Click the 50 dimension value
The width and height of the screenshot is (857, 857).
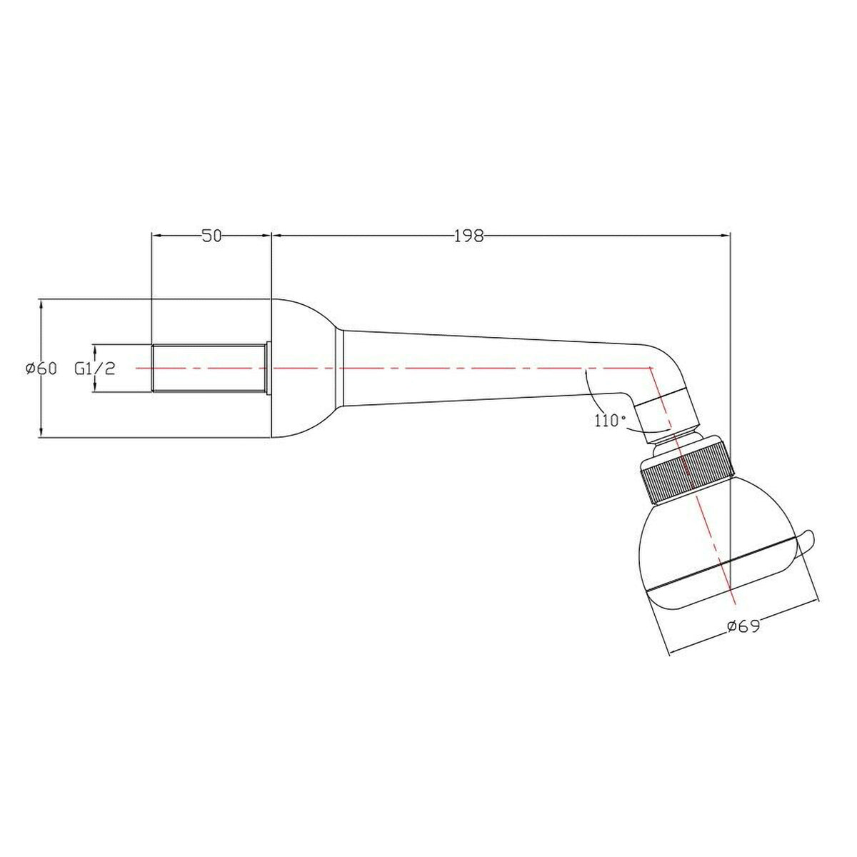pos(211,236)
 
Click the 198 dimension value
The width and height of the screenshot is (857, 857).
pos(468,236)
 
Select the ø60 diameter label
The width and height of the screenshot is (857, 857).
pos(40,369)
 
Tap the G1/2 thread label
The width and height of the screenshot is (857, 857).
pos(94,369)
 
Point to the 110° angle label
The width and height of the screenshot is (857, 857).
pos(609,420)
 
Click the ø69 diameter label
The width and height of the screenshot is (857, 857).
pos(743,626)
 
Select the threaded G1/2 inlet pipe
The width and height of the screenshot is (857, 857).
pos(209,368)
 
